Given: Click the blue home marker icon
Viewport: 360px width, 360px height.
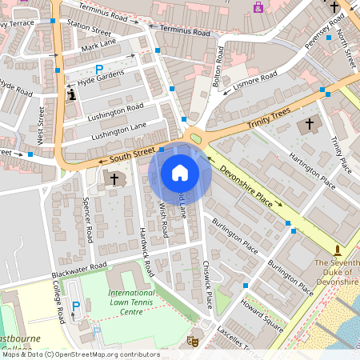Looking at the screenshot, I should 180,172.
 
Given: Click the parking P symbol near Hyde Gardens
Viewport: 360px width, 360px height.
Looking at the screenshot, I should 100,70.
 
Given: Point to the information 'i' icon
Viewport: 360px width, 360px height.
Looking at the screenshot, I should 72,94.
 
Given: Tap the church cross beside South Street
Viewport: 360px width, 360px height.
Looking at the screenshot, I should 114,179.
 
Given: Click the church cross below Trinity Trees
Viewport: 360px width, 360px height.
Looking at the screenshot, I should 309,126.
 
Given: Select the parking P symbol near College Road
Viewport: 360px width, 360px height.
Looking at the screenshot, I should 77,306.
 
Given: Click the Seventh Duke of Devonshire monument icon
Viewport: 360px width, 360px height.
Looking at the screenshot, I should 338,250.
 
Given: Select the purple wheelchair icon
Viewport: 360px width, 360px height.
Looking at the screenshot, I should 258,7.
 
